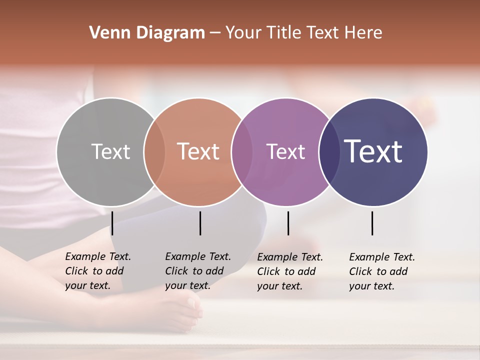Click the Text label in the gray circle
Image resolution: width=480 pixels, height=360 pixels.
click(x=110, y=151)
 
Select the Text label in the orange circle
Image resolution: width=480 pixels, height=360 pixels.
click(x=198, y=151)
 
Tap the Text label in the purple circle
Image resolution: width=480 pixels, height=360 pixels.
click(x=285, y=151)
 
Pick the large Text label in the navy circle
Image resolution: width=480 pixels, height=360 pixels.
click(x=373, y=151)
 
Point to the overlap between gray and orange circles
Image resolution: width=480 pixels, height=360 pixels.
click(x=154, y=152)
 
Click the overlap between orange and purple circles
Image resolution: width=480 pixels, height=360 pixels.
click(x=242, y=152)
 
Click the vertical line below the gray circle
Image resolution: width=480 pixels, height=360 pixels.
click(x=112, y=223)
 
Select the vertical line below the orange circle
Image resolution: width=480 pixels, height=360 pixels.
click(x=200, y=223)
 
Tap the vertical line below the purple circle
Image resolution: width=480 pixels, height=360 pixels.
click(x=288, y=223)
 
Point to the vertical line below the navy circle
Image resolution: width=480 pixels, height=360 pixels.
click(x=372, y=223)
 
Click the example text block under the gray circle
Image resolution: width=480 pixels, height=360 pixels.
click(x=98, y=271)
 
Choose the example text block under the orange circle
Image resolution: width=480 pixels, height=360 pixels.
click(x=198, y=271)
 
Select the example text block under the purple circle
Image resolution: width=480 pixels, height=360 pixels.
click(x=290, y=271)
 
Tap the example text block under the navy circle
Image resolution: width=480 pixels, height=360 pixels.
click(x=382, y=271)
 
